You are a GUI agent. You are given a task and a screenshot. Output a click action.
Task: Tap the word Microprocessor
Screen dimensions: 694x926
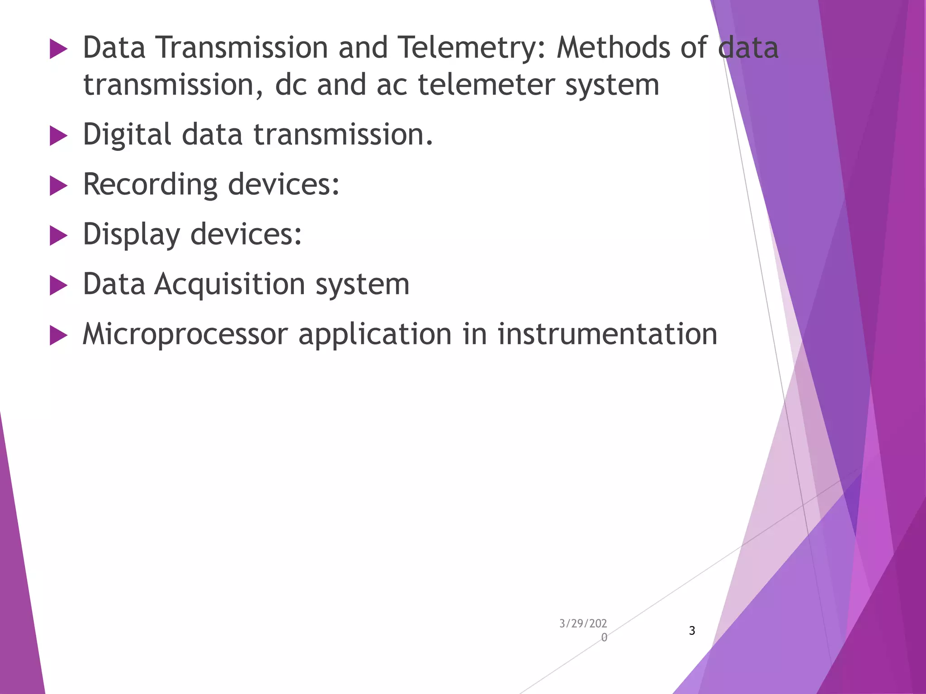[x=185, y=335]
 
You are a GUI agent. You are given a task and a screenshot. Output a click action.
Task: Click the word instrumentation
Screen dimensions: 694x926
[x=607, y=335]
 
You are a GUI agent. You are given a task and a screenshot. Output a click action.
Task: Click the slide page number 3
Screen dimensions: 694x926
[x=692, y=631]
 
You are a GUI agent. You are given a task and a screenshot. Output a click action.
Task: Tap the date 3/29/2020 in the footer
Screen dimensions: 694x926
[x=583, y=630]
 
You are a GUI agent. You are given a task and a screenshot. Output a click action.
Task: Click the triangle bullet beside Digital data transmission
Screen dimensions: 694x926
[x=58, y=136]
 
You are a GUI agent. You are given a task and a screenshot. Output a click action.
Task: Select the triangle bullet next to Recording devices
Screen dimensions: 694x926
[x=58, y=186]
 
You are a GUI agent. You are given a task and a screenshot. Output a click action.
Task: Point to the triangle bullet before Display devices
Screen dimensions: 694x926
[x=58, y=236]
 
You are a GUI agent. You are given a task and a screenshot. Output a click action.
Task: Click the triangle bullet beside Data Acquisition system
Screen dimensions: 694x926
[x=58, y=286]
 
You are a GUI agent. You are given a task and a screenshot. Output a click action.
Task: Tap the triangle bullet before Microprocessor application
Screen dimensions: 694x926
[x=58, y=336]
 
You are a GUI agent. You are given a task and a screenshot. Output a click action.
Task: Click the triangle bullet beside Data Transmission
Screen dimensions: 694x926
[x=58, y=49]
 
